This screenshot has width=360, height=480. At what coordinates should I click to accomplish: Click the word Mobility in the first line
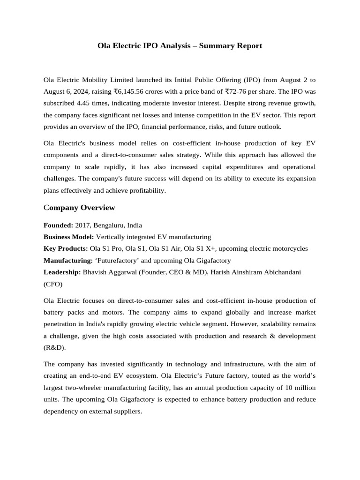tap(96, 80)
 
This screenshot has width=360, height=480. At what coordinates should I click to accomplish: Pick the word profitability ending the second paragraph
tap(147, 190)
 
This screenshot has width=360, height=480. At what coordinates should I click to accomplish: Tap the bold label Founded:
tap(58, 225)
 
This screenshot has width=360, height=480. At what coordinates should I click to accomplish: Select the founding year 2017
tap(82, 225)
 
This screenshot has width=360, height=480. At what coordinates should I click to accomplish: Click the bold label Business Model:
tap(69, 237)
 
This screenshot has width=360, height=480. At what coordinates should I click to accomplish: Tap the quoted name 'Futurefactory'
tap(115, 260)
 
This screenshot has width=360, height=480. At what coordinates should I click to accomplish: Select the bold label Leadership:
tap(62, 272)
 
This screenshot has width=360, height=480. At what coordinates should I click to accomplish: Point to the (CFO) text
tap(52, 284)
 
